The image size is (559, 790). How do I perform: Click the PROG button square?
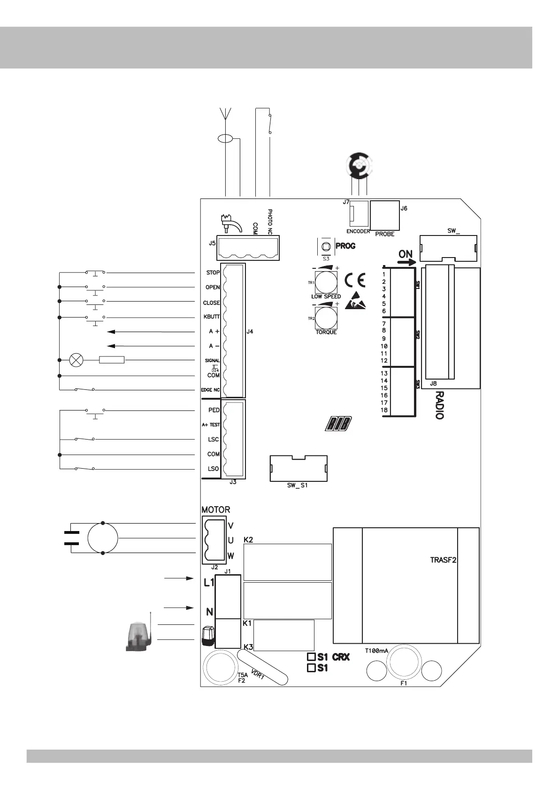pos(325,246)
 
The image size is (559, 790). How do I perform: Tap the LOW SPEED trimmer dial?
pos(326,283)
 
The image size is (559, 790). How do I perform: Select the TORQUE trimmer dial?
pos(326,318)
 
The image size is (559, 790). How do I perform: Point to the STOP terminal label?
pos(213,273)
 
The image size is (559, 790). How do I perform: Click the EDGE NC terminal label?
pos(211,390)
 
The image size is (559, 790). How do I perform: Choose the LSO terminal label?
pos(213,469)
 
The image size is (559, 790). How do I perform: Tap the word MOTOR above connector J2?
pos(216,509)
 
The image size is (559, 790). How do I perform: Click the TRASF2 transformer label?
pos(444,560)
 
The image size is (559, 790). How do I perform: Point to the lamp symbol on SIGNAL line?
pos(76,360)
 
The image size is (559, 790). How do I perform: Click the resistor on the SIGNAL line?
pos(112,360)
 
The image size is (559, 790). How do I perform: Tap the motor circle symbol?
pos(103,539)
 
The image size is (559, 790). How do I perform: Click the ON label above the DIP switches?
pos(406,254)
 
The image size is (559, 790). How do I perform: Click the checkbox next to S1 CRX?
pos(311,657)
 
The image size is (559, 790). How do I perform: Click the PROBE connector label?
pos(384,234)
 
